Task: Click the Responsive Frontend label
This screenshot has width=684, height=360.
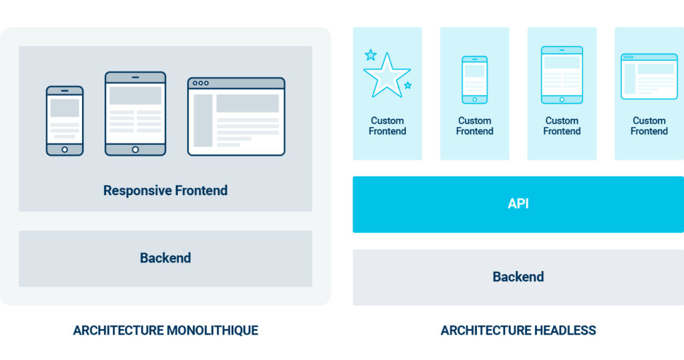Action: (x=166, y=190)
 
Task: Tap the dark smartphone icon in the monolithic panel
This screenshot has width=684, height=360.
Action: (x=65, y=121)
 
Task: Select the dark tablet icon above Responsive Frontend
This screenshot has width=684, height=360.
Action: (x=135, y=114)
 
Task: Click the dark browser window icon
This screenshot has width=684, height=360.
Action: (x=236, y=116)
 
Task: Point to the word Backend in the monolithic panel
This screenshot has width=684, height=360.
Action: (x=166, y=258)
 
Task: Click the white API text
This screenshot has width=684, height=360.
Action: (x=518, y=204)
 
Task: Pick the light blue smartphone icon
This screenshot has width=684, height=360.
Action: (x=475, y=80)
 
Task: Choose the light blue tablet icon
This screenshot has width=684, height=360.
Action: (x=562, y=75)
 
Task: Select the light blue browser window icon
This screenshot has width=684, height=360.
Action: (x=649, y=76)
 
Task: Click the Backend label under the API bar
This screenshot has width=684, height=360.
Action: (x=518, y=277)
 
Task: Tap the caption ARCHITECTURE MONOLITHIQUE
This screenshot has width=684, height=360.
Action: (x=166, y=331)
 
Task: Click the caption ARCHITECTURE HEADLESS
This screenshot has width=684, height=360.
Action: (x=518, y=331)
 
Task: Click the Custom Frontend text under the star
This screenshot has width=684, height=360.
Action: (x=387, y=126)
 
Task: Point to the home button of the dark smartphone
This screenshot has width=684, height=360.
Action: (x=65, y=150)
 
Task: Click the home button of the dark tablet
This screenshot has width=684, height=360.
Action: (x=135, y=150)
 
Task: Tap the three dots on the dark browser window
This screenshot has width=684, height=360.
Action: (x=200, y=83)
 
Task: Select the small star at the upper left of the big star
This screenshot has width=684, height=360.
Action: (x=371, y=55)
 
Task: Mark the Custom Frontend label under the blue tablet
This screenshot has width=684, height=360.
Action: (x=562, y=126)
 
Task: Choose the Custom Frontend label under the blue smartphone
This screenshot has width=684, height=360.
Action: (x=475, y=126)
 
